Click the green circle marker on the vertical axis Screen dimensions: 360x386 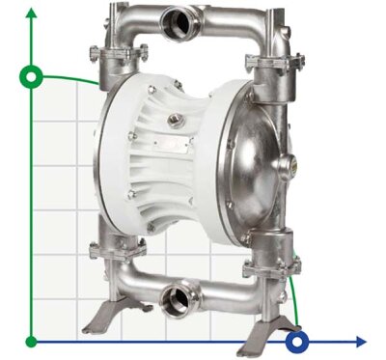(x=33, y=76)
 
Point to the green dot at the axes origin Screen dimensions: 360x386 (x=33, y=341)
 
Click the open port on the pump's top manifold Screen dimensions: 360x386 (x=179, y=19)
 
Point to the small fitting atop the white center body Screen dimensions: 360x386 (x=175, y=121)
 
